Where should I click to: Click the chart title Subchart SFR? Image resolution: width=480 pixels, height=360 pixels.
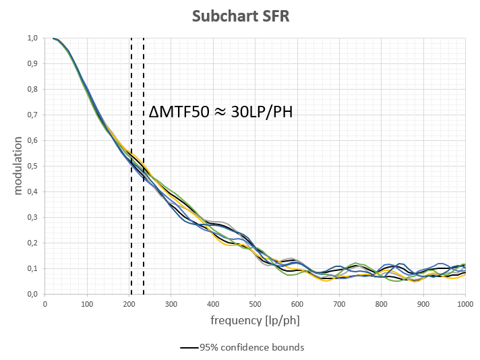tap(240, 16)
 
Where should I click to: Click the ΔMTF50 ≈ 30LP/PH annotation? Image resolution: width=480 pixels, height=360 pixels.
tap(220, 113)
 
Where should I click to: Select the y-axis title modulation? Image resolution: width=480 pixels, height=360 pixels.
tap(19, 165)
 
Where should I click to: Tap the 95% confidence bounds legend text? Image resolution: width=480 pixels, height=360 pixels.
tap(251, 348)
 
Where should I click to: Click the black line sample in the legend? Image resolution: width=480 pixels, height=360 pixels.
tap(189, 348)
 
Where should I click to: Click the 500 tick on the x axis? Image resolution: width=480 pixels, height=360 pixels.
tap(255, 305)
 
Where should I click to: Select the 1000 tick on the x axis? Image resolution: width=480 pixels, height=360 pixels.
tap(464, 305)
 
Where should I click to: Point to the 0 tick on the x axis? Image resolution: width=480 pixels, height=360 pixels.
tap(45, 305)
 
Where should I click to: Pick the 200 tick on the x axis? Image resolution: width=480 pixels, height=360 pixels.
tap(129, 305)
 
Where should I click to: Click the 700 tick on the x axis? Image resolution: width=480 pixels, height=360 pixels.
tap(339, 305)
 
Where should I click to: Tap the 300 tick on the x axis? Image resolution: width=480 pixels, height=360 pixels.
tap(171, 305)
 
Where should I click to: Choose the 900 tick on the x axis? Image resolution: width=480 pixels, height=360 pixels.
tap(423, 305)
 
